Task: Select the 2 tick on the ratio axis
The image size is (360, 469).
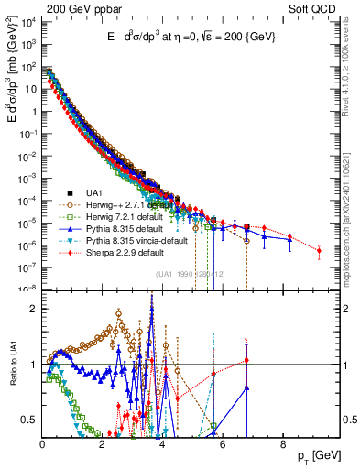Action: point(36,309)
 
